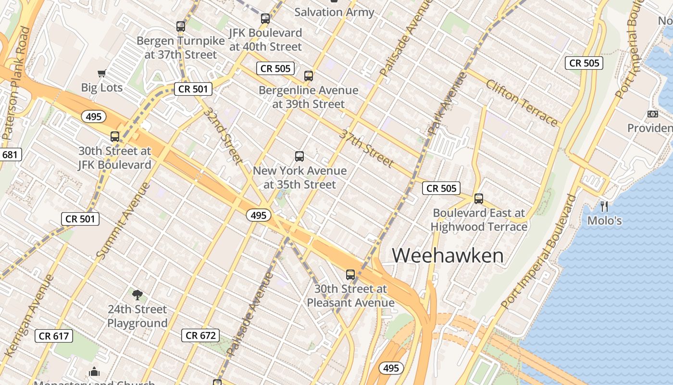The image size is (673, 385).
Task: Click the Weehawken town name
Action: pos(448,255)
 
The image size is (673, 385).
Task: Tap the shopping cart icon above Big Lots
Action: pos(101,74)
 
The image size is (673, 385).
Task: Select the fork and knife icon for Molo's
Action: pos(604,206)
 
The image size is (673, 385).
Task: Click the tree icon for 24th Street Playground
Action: pos(137,295)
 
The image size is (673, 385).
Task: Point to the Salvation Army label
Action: pos(334,12)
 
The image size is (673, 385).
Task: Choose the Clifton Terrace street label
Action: pos(522,103)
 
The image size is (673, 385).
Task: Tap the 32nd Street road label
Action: pos(222,134)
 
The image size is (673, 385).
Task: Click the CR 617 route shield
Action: pos(54,336)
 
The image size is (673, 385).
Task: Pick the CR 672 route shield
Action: pos(200,335)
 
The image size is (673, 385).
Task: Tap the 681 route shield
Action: pos(10,154)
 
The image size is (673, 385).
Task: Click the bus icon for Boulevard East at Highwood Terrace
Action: pos(478,199)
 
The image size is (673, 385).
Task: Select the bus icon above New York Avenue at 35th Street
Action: pos(299,156)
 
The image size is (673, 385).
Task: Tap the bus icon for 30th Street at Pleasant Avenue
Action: pos(350,275)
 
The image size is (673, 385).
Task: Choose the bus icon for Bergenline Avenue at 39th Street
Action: pos(309,76)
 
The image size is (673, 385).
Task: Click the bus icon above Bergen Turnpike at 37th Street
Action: pos(181,26)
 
